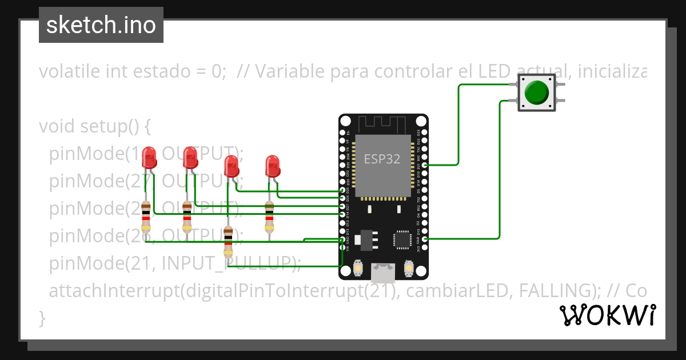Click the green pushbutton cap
[x=536, y=92]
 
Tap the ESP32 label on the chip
[x=382, y=159]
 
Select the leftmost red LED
[x=149, y=158]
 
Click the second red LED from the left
[x=190, y=157]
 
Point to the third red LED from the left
[x=231, y=166]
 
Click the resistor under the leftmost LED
[x=146, y=217]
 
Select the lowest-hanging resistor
[x=228, y=242]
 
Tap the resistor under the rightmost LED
[x=269, y=217]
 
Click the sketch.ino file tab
[x=101, y=25]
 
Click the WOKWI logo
[x=607, y=315]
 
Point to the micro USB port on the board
[x=382, y=273]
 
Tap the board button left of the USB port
[x=357, y=267]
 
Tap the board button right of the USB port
[x=408, y=267]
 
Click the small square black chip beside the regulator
[x=402, y=240]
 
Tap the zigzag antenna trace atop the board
[x=382, y=123]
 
